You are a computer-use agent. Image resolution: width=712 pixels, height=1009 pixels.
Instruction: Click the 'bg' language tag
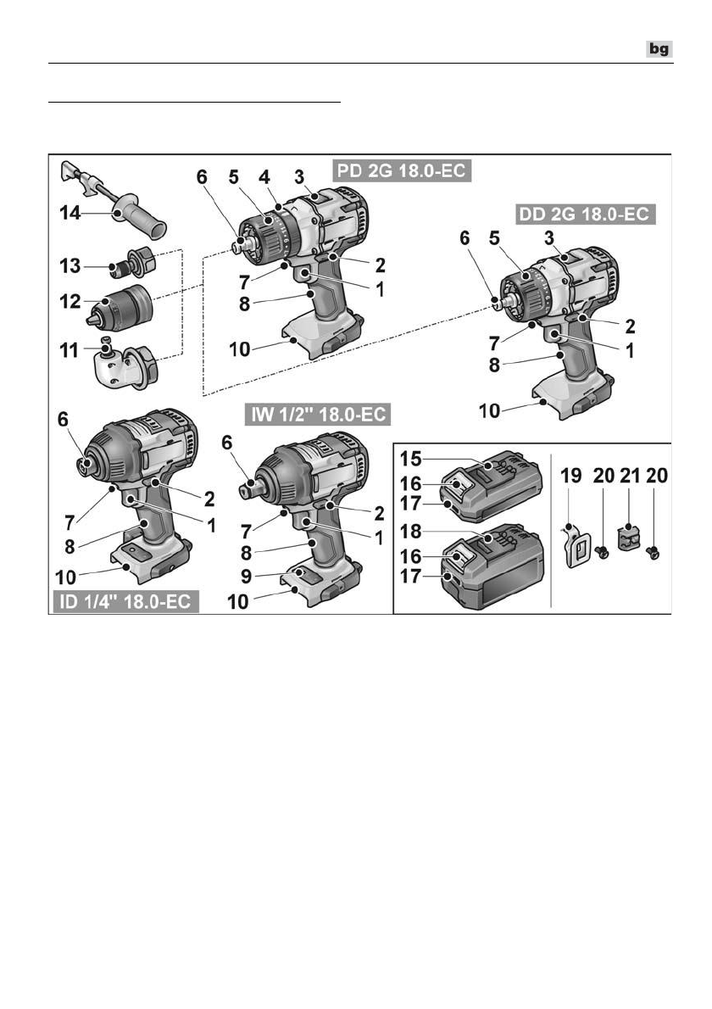(659, 49)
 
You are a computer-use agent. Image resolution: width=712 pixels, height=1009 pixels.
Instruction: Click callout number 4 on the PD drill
(264, 180)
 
